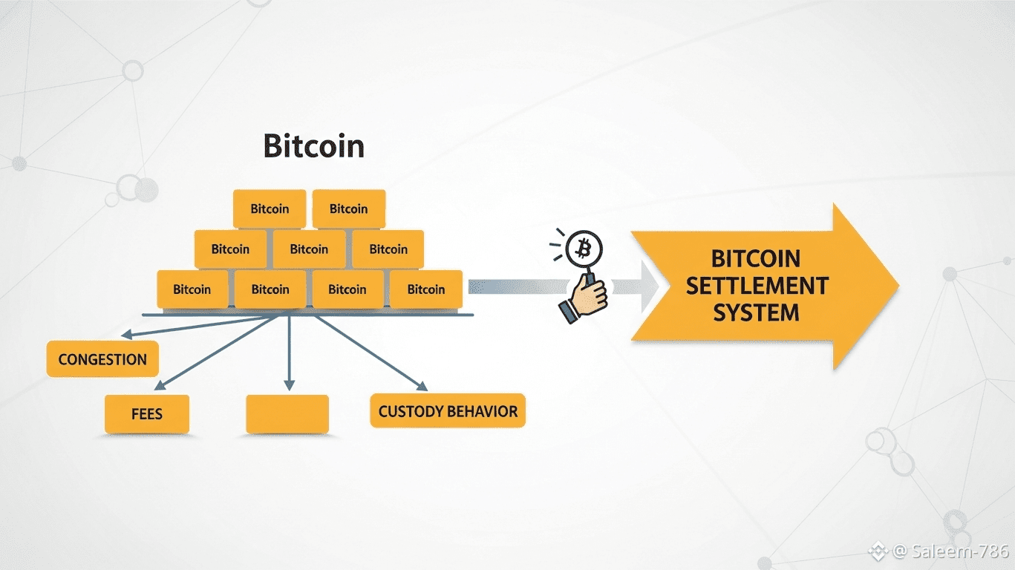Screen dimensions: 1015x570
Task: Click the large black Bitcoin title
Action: tap(314, 146)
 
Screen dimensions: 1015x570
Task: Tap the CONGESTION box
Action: tap(102, 360)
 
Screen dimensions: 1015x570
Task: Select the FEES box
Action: tap(147, 414)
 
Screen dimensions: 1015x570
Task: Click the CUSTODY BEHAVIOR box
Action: tap(448, 411)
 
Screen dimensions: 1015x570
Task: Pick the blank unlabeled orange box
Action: tap(287, 414)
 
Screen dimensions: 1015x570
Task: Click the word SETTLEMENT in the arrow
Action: tap(757, 286)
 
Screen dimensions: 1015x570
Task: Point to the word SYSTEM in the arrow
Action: tap(757, 312)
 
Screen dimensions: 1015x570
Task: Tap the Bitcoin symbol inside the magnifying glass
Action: tap(584, 248)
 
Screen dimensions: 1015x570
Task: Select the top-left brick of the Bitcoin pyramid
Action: tap(270, 209)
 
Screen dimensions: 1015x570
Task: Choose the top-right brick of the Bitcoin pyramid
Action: tap(349, 209)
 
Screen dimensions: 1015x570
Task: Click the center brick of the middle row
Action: tap(310, 249)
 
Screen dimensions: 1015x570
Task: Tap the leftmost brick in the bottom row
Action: tap(192, 289)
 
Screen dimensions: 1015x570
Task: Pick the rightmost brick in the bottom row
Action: tap(426, 289)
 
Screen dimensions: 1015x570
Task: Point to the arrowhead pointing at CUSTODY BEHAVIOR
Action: tap(422, 386)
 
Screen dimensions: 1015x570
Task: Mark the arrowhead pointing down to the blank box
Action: tap(288, 384)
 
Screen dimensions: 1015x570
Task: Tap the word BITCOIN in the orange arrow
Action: tap(757, 259)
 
